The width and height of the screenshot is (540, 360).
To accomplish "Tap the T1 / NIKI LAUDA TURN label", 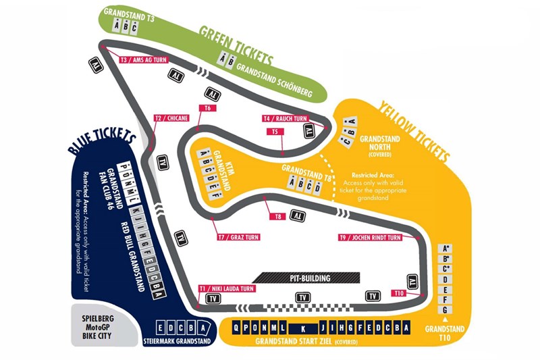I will [x=227, y=288].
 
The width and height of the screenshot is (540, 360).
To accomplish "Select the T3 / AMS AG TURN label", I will [x=142, y=60].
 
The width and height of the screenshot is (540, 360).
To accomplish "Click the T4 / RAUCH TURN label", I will [x=286, y=119].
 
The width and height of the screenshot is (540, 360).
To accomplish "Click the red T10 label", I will [x=399, y=293].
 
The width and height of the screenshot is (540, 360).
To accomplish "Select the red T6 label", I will [x=208, y=108].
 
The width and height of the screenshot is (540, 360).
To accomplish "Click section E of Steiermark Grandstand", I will [x=160, y=328].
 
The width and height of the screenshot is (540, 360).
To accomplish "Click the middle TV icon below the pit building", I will [x=304, y=297].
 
